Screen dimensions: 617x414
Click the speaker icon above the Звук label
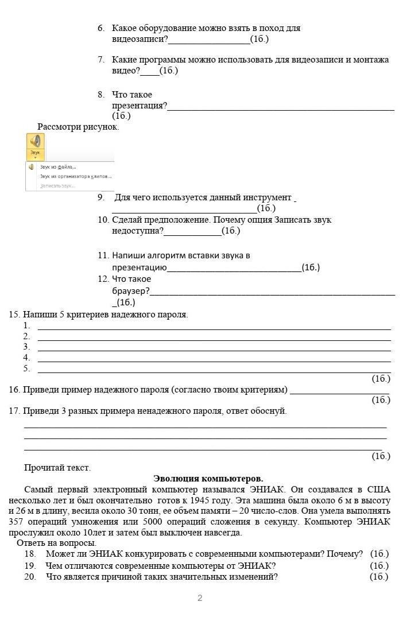pyautogui.click(x=36, y=141)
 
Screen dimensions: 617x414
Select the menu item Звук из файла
pyautogui.click(x=57, y=167)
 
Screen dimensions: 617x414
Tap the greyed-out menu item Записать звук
pyautogui.click(x=57, y=186)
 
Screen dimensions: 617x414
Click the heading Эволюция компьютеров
pyautogui.click(x=208, y=478)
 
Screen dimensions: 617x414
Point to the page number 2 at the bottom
pyautogui.click(x=200, y=598)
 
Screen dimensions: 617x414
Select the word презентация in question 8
pyautogui.click(x=139, y=106)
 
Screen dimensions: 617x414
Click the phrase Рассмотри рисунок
pyautogui.click(x=78, y=127)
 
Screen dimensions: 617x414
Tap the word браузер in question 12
pyautogui.click(x=130, y=291)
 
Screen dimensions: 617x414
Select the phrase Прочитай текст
pyautogui.click(x=57, y=468)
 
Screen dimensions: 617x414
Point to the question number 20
pyautogui.click(x=30, y=577)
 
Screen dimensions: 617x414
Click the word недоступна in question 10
pyautogui.click(x=137, y=231)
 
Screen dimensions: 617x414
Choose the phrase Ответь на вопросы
pyautogui.click(x=56, y=543)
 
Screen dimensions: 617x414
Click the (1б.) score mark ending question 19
pyautogui.click(x=379, y=566)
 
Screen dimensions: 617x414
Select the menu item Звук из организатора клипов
pyautogui.click(x=75, y=177)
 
